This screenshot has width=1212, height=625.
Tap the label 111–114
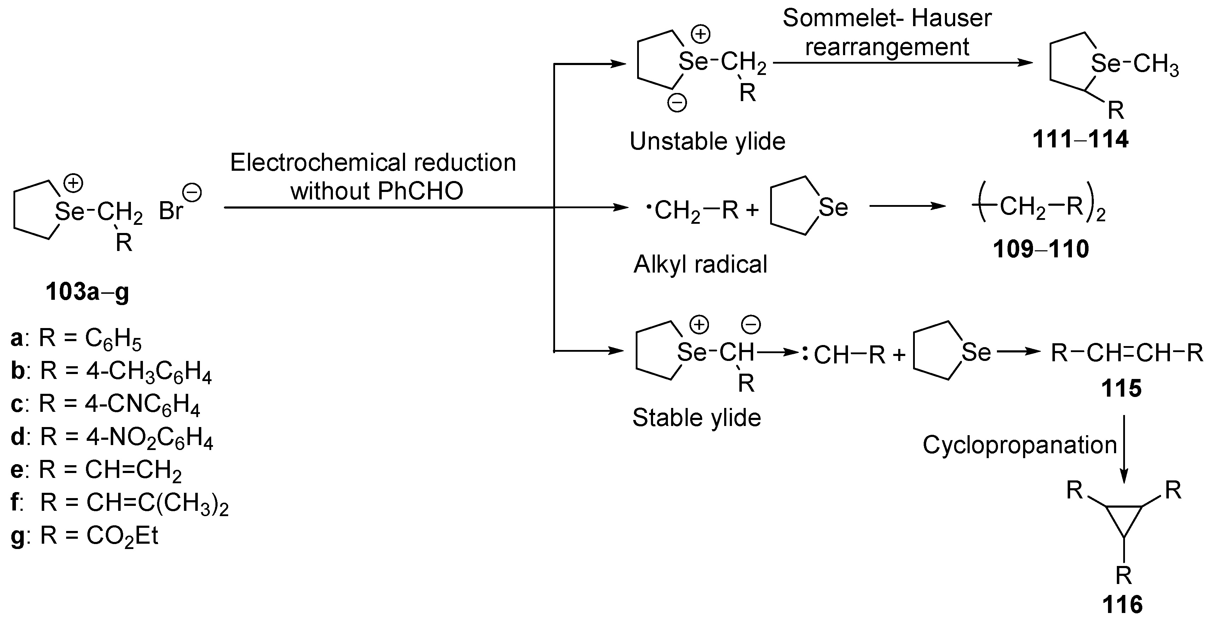(x=1080, y=139)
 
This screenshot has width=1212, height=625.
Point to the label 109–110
(x=1041, y=249)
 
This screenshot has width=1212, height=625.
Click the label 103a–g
(x=87, y=292)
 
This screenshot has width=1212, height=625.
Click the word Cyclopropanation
(x=1020, y=445)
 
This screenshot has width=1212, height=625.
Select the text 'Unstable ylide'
(x=707, y=141)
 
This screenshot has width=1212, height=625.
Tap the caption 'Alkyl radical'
(x=700, y=264)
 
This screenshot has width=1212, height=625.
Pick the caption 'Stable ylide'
(x=696, y=417)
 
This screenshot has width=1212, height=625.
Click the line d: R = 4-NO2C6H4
(x=112, y=437)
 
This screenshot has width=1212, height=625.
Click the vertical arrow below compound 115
(x=1124, y=449)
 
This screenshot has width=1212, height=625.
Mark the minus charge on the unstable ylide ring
(x=677, y=103)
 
